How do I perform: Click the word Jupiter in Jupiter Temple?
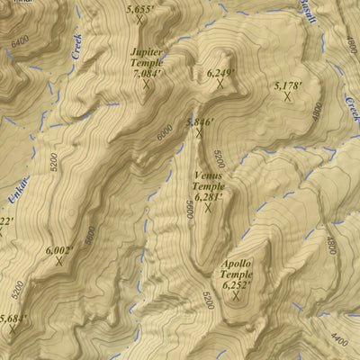click(x=148, y=53)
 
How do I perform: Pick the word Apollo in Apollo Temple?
click(x=237, y=264)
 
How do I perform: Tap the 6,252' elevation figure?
click(x=237, y=283)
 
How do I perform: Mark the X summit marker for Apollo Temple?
click(x=237, y=296)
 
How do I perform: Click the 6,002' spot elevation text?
click(x=59, y=249)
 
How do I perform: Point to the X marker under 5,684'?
click(x=13, y=329)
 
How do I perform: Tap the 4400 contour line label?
click(x=338, y=339)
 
